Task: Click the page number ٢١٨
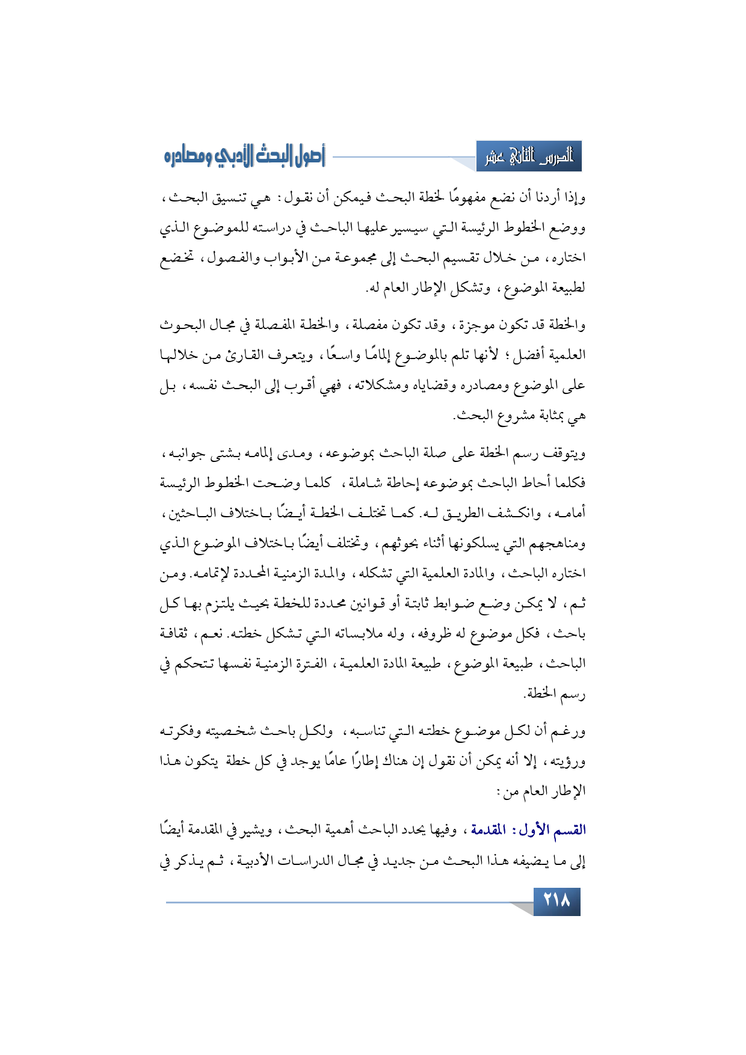pos(556,902)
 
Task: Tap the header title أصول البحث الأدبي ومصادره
pos(244,158)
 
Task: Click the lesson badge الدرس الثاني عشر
pos(529,158)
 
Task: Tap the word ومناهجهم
pos(554,544)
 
